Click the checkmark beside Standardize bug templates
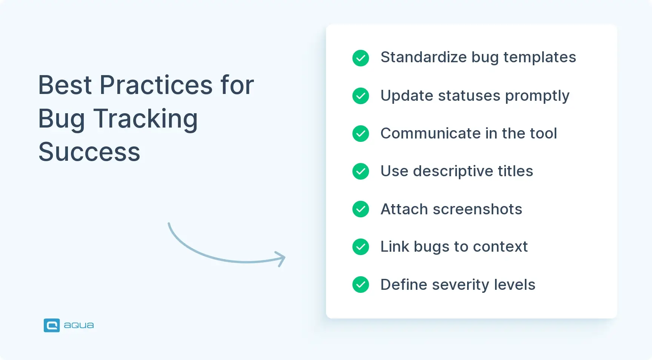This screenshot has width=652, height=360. pyautogui.click(x=361, y=58)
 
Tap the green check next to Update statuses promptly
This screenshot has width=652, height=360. pyautogui.click(x=361, y=96)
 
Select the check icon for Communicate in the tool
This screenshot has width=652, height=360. pyautogui.click(x=361, y=134)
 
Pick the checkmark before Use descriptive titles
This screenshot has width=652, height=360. pyautogui.click(x=361, y=171)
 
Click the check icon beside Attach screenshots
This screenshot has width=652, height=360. pyautogui.click(x=361, y=209)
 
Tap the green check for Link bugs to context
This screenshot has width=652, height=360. pyautogui.click(x=361, y=247)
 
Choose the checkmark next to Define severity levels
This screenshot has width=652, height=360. pyautogui.click(x=361, y=285)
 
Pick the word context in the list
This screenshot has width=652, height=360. pyautogui.click(x=500, y=247)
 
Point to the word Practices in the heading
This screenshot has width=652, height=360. pyautogui.click(x=156, y=85)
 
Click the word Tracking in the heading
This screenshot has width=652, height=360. pyautogui.click(x=145, y=118)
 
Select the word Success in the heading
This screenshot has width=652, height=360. pyautogui.click(x=89, y=152)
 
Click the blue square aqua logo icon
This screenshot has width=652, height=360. pyautogui.click(x=52, y=325)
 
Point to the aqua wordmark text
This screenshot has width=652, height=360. pyautogui.click(x=79, y=325)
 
